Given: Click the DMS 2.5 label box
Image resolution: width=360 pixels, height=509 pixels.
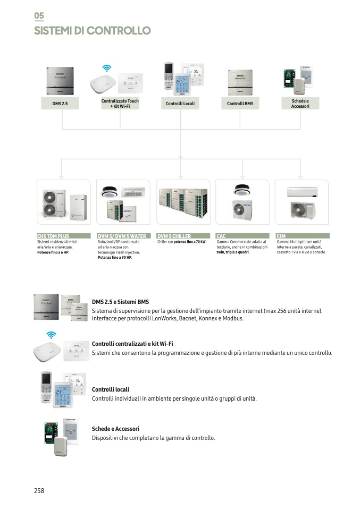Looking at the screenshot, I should coord(60,104).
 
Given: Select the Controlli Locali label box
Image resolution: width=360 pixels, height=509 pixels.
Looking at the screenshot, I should coord(180,104).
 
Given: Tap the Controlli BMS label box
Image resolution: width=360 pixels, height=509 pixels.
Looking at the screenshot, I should coord(240,104).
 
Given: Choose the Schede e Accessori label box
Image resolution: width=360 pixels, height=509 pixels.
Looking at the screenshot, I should coord(300,104).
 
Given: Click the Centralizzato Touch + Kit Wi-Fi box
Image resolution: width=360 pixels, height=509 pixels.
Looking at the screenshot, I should coord(120,104).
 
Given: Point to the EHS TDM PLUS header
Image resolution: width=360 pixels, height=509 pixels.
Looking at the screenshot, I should coord(61,236).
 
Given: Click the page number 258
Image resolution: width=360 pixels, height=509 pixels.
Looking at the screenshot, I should coord(39,491).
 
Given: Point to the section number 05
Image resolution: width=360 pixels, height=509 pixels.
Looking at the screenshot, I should coord(39,16).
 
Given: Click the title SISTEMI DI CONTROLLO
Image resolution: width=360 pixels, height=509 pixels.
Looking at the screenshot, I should coord(93,31).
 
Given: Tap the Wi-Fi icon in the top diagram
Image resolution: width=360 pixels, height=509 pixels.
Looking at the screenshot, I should coord(107,68).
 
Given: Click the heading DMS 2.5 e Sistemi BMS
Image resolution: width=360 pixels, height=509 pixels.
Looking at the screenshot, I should coord(120,302).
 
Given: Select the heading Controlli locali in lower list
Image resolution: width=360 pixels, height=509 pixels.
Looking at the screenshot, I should coord(111,389).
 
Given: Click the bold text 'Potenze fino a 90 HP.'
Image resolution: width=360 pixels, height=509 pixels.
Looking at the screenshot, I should coord(115,257).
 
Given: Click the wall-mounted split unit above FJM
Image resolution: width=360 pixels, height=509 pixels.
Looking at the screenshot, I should coord(302,192).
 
